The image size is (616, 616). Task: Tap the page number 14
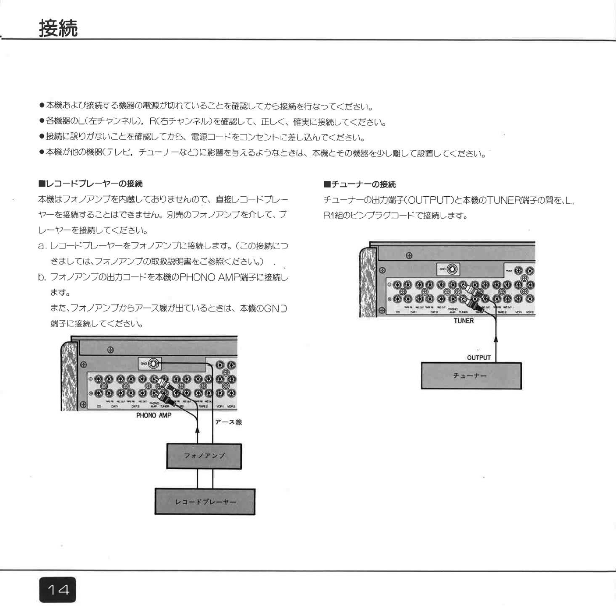(x=57, y=590)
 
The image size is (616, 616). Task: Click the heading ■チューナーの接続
(x=360, y=184)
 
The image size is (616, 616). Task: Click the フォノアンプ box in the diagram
(x=204, y=456)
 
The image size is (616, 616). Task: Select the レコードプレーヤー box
(x=205, y=502)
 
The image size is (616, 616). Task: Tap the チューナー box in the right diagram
(x=471, y=376)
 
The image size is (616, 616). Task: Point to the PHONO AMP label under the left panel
(x=153, y=415)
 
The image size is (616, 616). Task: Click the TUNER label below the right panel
(x=464, y=321)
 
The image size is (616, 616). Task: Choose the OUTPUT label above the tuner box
(x=478, y=358)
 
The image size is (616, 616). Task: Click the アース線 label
(x=228, y=422)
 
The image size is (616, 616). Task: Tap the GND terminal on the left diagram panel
(x=153, y=364)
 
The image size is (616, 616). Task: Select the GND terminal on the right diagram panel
(x=452, y=269)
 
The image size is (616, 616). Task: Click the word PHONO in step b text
(x=197, y=277)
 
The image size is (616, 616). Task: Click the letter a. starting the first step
(x=42, y=246)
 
